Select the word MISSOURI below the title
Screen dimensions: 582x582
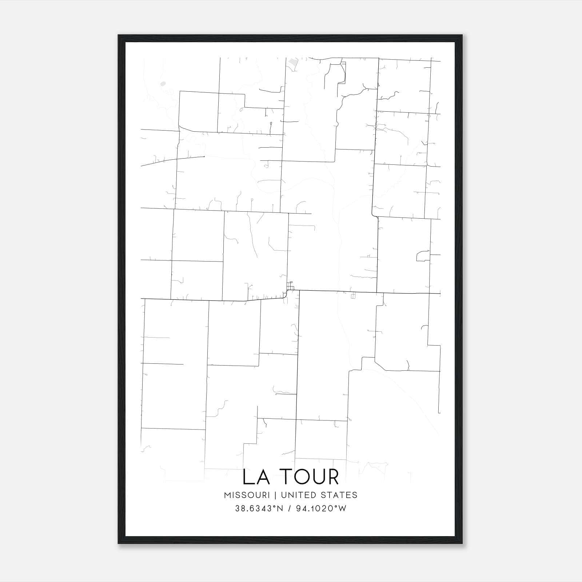247,495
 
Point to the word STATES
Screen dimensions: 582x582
339,495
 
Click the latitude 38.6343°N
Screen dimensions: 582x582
259,509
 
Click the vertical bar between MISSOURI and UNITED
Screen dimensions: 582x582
275,495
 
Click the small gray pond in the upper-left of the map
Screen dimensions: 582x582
163,84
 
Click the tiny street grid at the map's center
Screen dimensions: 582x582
290,286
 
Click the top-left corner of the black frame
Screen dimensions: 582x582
119,36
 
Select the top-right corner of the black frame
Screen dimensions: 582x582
462,36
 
